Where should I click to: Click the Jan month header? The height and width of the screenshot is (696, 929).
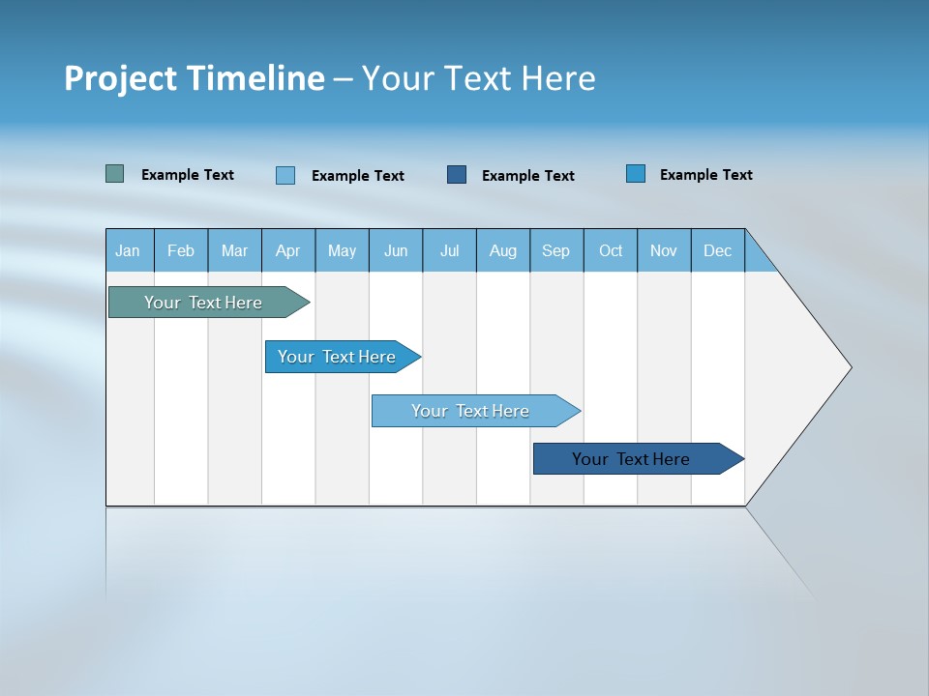click(129, 250)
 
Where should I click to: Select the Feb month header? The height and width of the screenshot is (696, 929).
click(181, 250)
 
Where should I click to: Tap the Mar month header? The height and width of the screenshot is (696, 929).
click(234, 250)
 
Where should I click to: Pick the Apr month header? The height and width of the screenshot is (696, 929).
click(288, 250)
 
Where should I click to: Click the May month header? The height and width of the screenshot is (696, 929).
click(342, 250)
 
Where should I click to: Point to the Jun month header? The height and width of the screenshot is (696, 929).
click(396, 250)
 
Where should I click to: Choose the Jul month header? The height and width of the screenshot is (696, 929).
click(449, 250)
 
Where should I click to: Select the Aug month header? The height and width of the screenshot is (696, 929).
click(503, 250)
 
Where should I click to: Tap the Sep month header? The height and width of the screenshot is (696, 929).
click(556, 250)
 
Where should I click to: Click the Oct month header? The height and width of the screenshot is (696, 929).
click(611, 250)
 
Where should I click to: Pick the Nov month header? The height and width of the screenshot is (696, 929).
click(664, 250)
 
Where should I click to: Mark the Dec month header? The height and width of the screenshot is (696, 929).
click(718, 250)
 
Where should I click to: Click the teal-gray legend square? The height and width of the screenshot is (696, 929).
click(115, 174)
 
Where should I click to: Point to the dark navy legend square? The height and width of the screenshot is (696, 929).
click(457, 174)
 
